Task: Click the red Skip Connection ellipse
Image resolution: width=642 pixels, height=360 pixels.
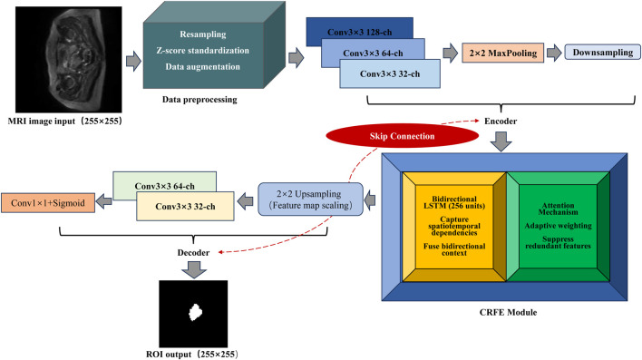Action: pos(402,136)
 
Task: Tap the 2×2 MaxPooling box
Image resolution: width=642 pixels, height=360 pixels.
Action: pos(502,53)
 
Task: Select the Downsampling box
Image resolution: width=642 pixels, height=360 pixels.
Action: pos(603,53)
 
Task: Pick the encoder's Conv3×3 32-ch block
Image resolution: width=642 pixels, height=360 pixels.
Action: pos(390,73)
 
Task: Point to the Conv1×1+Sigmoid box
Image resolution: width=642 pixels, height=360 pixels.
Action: pos(48,203)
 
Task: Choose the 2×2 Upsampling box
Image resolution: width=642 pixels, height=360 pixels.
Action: pos(310,199)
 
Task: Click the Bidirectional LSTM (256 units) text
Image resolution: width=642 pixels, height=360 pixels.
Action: pos(454,202)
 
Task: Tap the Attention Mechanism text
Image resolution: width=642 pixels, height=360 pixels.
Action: pos(558,209)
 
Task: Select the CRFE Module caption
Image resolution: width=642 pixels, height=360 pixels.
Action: pos(508,312)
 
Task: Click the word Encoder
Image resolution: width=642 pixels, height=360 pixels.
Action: pos(501,121)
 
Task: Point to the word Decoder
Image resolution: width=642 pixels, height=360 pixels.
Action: pos(193,252)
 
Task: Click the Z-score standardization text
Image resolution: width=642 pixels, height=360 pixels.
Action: pos(203,51)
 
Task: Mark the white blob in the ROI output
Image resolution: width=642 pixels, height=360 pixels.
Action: pos(195,312)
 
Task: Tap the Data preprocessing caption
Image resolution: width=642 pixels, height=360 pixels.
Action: pos(199,100)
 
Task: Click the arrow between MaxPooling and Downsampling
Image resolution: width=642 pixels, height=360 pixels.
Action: pos(554,53)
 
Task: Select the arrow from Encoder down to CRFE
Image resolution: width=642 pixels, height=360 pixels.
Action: pos(501,141)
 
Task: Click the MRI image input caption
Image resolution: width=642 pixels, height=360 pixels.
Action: pos(64,122)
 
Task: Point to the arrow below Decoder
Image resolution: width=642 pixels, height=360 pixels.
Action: pos(194,269)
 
